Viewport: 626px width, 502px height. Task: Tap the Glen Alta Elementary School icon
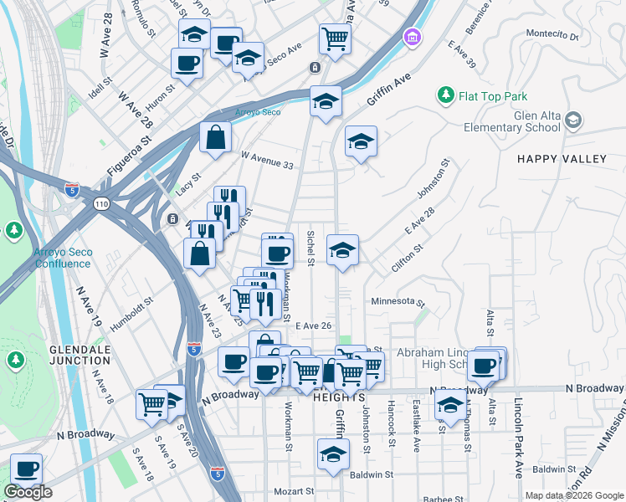pyautogui.click(x=573, y=120)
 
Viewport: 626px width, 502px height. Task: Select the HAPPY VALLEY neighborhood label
pyautogui.click(x=561, y=159)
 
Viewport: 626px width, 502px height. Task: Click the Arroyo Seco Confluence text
pyautogui.click(x=62, y=258)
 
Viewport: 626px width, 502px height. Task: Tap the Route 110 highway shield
pyautogui.click(x=101, y=203)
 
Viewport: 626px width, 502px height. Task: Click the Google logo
pyautogui.click(x=28, y=492)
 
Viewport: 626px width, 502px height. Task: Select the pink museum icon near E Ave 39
pyautogui.click(x=411, y=37)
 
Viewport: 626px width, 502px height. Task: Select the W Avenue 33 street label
pyautogui.click(x=267, y=160)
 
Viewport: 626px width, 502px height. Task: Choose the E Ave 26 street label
pyautogui.click(x=315, y=325)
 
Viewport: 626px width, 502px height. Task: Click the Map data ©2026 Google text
pyautogui.click(x=573, y=495)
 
